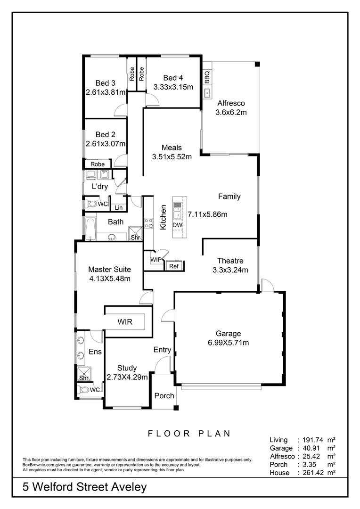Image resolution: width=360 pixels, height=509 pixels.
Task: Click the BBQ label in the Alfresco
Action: [207, 76]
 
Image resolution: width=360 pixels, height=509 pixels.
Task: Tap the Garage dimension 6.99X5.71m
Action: [229, 343]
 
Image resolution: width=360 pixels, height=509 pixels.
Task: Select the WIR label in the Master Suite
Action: [125, 322]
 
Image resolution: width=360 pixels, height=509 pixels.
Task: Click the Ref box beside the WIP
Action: [172, 266]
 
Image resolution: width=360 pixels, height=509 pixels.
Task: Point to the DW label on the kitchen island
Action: [177, 226]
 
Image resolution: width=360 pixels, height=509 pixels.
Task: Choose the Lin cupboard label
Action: [118, 207]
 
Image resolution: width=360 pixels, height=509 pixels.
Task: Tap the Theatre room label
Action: [230, 261]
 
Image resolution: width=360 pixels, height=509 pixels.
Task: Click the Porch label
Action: [164, 396]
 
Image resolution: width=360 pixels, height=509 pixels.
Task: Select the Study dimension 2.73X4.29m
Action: [127, 377]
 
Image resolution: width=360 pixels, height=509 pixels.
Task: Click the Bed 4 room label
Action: [173, 78]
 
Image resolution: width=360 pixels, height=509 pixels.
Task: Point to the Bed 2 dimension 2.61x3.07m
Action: [106, 144]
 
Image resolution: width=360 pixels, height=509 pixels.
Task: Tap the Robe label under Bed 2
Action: [98, 164]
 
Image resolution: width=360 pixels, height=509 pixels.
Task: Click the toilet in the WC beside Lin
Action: [90, 205]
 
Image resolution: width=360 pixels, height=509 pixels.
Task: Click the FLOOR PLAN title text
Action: [189, 434]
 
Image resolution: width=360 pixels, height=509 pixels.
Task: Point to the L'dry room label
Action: [99, 187]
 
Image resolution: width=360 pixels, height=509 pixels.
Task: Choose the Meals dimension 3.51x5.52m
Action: [172, 157]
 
